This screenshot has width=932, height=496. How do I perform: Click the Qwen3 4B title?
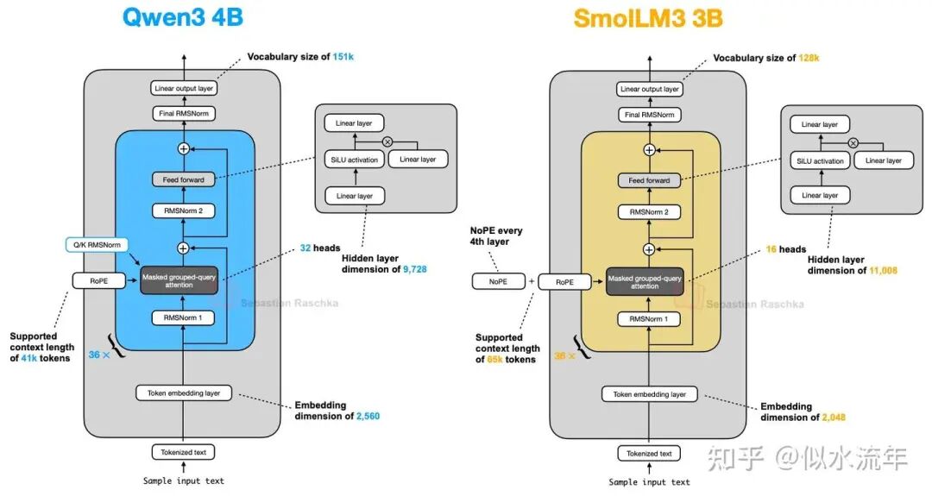tap(182, 16)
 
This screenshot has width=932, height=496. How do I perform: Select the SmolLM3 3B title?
tap(648, 18)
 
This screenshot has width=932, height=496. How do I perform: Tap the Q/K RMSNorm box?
tap(97, 245)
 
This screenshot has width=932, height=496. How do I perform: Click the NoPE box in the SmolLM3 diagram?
tap(498, 281)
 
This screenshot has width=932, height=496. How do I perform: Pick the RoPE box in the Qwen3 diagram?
tap(98, 281)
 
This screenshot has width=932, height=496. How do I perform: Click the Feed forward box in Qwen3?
tap(184, 179)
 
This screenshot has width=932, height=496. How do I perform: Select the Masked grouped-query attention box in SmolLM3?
tap(645, 282)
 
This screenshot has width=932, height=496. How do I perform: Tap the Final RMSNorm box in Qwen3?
tap(184, 113)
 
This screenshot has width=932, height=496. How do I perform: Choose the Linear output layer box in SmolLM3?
tap(650, 89)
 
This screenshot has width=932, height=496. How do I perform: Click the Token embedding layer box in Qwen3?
tap(184, 392)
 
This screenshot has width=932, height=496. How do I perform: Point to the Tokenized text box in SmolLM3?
tap(649, 453)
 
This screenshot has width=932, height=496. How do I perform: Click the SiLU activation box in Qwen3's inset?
tap(355, 160)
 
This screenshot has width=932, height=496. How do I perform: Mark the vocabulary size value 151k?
tap(343, 57)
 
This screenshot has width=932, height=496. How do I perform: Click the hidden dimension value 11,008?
tap(884, 271)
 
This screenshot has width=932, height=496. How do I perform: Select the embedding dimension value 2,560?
tap(368, 417)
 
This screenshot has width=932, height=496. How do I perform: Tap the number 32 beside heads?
tap(305, 248)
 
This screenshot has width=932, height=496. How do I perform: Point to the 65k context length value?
tap(494, 360)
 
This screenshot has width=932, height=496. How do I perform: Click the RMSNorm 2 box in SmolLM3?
tap(649, 212)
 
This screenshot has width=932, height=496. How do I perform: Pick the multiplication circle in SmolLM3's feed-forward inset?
tap(853, 143)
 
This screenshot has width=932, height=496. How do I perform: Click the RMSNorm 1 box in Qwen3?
tap(183, 317)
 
